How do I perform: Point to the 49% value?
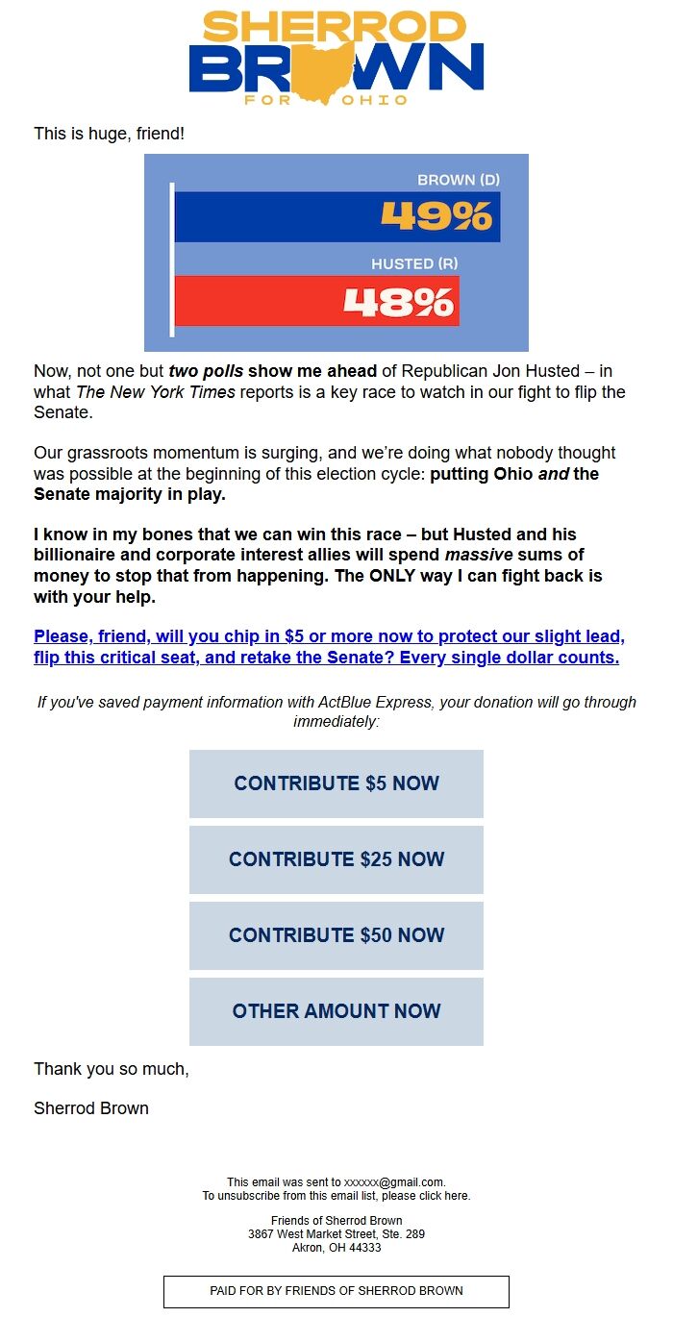[436, 216]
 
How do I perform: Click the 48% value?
[398, 302]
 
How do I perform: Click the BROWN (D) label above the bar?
[459, 180]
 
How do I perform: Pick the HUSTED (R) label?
[414, 263]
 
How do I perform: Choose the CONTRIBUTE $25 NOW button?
[336, 859]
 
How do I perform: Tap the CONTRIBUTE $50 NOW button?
[336, 935]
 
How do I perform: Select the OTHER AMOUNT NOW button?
[336, 1011]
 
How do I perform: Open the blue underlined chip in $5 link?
[327, 647]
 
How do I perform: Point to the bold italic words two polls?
[206, 371]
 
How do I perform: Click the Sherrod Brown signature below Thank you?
[91, 1108]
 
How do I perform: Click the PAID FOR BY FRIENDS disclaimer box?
[336, 1291]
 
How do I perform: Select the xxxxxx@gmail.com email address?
[394, 1182]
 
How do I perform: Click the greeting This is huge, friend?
[109, 134]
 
